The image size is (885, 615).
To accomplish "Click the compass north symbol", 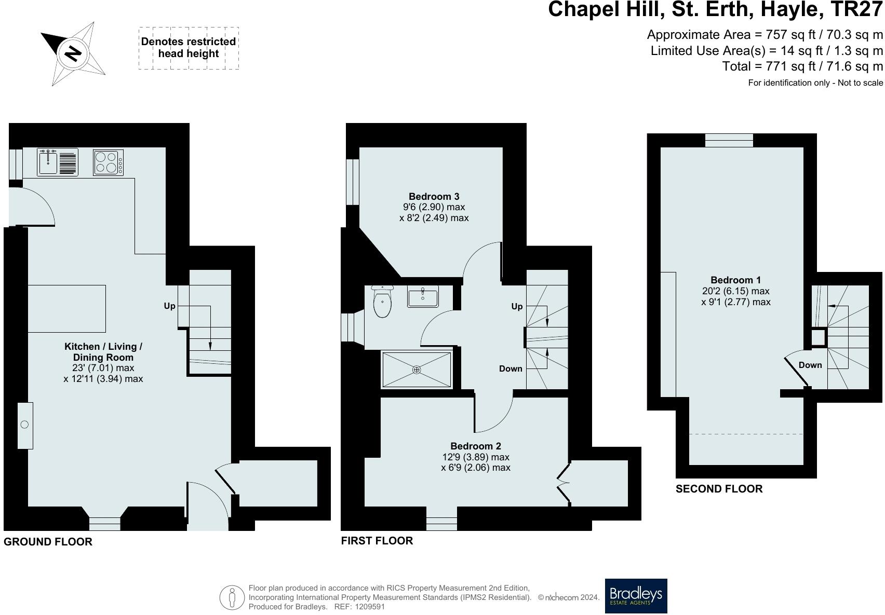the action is tap(73, 53).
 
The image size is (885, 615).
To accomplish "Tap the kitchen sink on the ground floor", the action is tap(58, 162).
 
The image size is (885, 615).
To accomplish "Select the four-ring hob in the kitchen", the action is tap(108, 162).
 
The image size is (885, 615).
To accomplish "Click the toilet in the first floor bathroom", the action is tap(382, 302).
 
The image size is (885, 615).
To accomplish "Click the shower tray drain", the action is tap(417, 370).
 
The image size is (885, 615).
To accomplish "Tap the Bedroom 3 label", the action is tap(434, 197).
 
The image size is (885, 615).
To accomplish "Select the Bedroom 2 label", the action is tap(476, 446).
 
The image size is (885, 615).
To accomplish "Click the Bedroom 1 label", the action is tap(735, 280).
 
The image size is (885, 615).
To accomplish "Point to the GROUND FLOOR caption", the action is tap(48, 542).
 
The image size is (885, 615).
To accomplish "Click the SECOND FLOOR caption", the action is tap(719, 489).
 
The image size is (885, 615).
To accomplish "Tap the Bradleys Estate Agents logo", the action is tap(636, 596).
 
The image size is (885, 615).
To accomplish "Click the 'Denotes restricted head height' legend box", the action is tap(189, 48).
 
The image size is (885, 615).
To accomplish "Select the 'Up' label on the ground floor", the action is tap(169, 306).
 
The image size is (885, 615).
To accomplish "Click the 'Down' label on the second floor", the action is tap(810, 365).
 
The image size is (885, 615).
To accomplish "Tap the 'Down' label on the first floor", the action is tap(511, 368).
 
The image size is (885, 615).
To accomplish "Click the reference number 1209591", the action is tap(369, 607).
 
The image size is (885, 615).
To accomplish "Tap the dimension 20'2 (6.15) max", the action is tap(735, 291).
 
